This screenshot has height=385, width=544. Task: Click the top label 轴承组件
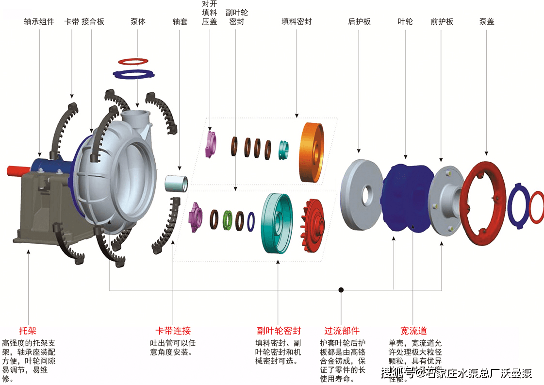39,22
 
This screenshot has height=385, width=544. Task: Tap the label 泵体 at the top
138,22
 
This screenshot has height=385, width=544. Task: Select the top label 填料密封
297,22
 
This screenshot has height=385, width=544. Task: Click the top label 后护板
359,22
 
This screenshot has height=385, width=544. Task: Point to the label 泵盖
486,22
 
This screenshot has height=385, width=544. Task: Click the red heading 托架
28,331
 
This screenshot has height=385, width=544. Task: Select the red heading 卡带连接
172,331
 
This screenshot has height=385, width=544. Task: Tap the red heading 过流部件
342,331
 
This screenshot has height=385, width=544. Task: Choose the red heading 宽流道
413,331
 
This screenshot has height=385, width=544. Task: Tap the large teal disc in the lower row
277,223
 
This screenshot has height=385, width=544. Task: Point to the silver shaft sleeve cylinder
176,184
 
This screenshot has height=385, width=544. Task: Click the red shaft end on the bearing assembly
17,170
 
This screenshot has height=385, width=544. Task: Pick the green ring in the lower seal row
227,220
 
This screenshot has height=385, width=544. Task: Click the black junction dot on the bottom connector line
341,290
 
